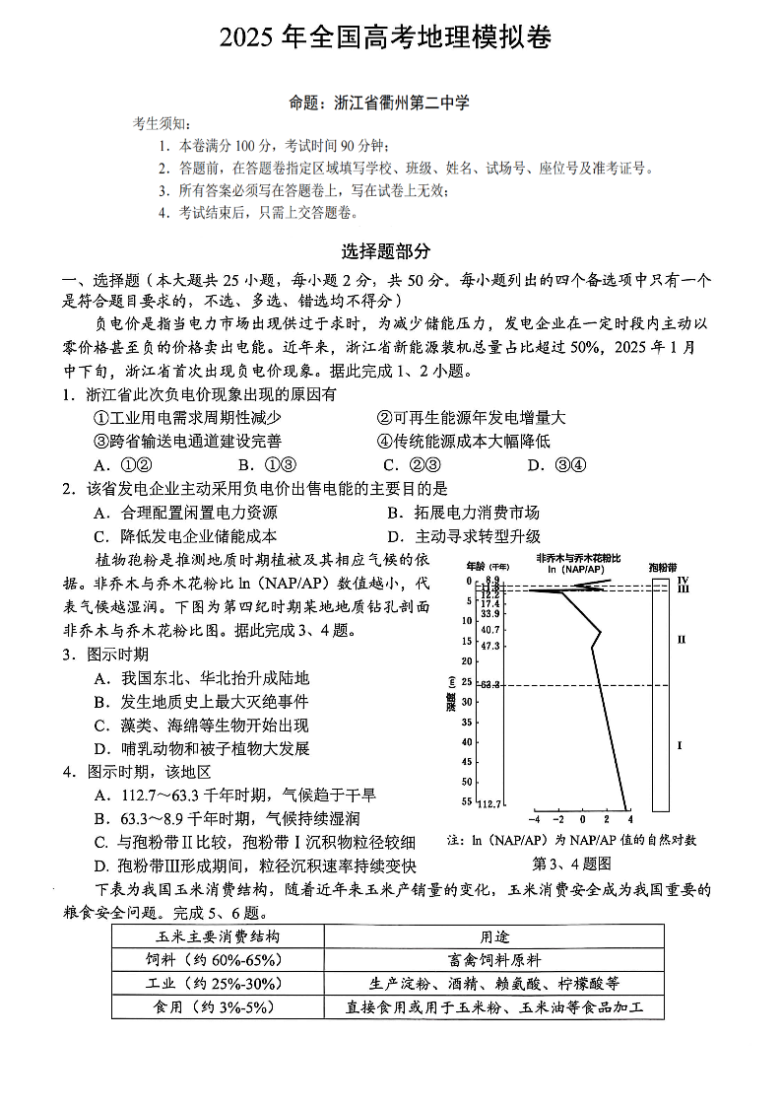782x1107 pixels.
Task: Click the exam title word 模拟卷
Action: point(515,37)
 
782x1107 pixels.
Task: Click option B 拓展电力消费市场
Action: point(463,513)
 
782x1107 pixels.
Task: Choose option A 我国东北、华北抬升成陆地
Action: point(202,678)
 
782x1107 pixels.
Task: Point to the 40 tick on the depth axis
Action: point(467,741)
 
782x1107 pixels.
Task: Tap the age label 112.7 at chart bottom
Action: point(489,804)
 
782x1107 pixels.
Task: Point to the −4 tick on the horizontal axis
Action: point(535,819)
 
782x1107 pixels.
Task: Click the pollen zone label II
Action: point(681,640)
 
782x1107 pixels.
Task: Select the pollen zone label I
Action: point(680,745)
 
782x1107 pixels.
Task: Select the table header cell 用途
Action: point(493,936)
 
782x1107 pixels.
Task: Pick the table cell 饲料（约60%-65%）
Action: point(218,959)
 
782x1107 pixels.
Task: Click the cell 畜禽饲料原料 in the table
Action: point(493,959)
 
